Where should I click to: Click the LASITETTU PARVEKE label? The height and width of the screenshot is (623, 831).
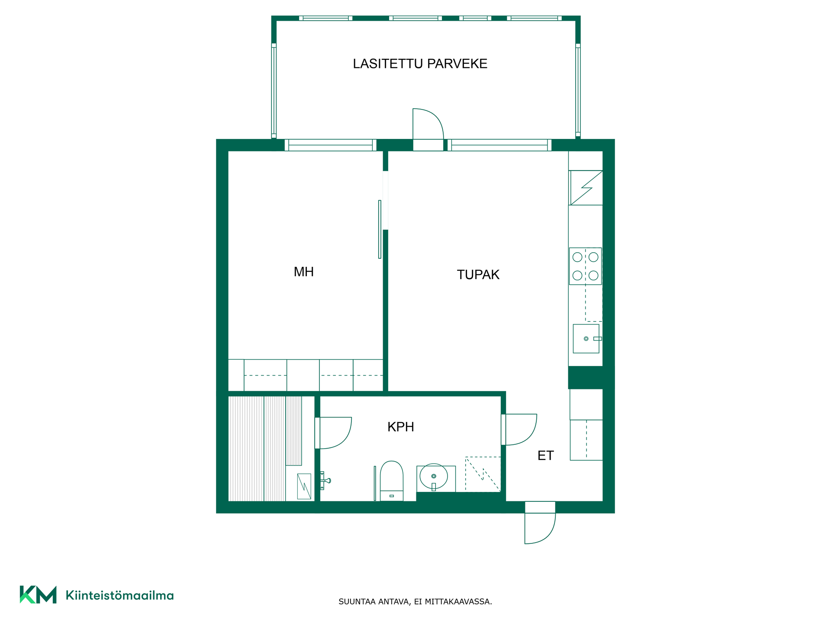click(x=420, y=64)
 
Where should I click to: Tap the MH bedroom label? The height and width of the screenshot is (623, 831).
click(x=303, y=272)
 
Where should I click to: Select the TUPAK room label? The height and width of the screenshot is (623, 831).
click(x=478, y=275)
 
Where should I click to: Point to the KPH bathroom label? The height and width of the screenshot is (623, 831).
click(x=401, y=427)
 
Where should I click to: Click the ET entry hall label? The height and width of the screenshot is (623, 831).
click(x=545, y=456)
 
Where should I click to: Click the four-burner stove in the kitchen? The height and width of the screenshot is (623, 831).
click(x=585, y=266)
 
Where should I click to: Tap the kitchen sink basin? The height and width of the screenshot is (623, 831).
click(x=586, y=339)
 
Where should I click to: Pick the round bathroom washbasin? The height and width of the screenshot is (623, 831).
click(x=434, y=477)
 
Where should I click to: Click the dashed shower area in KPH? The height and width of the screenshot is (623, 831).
click(x=483, y=474)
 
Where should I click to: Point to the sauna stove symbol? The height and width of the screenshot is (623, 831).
click(x=304, y=486)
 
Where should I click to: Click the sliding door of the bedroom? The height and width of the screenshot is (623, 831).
click(x=380, y=229)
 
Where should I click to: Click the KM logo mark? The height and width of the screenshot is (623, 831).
click(x=38, y=594)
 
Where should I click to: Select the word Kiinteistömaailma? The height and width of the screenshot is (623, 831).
click(x=119, y=595)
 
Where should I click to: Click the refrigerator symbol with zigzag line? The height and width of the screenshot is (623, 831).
click(x=586, y=188)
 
